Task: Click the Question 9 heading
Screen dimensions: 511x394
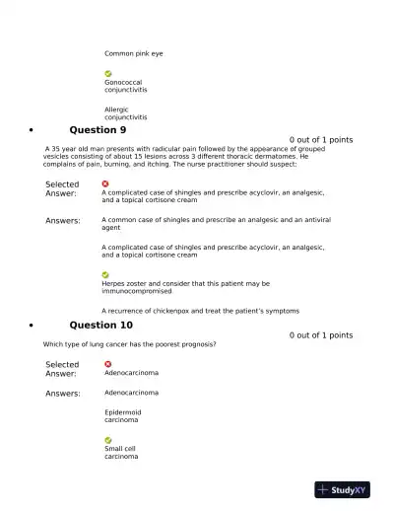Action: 98,129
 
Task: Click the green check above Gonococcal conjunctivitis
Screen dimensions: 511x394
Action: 108,74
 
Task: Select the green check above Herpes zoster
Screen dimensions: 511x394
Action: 105,274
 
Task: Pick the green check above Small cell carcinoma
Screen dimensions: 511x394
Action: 108,440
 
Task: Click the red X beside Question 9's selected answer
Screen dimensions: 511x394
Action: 105,183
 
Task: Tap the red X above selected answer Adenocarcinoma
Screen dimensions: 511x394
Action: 108,364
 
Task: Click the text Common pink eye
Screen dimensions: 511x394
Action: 134,53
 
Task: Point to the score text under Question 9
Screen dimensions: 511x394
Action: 321,140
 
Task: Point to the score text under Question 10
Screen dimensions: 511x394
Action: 321,335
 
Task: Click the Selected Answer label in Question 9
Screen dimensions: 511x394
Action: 62,188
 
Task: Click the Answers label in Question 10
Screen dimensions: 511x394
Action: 63,393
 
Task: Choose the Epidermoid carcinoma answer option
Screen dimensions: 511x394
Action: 123,415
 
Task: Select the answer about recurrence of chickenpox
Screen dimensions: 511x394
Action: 201,310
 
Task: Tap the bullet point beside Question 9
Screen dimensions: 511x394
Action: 33,130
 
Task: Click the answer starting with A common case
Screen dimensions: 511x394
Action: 216,223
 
